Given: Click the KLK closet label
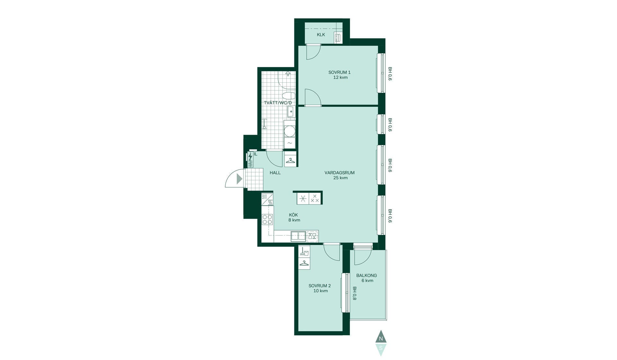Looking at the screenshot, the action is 321,35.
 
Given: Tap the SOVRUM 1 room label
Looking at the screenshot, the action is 339,72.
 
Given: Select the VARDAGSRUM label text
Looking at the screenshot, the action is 339,173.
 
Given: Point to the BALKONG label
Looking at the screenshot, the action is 366,275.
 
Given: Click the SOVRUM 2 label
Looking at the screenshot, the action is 319,286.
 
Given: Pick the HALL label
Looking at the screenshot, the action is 275,173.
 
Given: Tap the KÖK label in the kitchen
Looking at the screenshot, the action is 293,215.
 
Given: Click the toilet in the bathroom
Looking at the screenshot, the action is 289,96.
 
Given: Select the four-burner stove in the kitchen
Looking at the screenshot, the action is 267,219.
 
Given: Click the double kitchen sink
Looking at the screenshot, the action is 298,236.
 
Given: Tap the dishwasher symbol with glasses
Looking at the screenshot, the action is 312,236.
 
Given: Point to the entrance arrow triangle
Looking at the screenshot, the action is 239,179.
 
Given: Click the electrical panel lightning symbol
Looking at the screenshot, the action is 250,157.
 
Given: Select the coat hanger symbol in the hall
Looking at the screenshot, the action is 291,160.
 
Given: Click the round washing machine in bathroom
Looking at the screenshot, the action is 290,131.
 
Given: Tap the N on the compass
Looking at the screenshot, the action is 381,338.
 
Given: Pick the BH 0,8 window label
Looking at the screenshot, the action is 355,293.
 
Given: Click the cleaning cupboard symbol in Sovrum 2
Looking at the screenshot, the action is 304,251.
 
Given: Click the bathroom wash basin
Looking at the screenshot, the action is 291,112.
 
